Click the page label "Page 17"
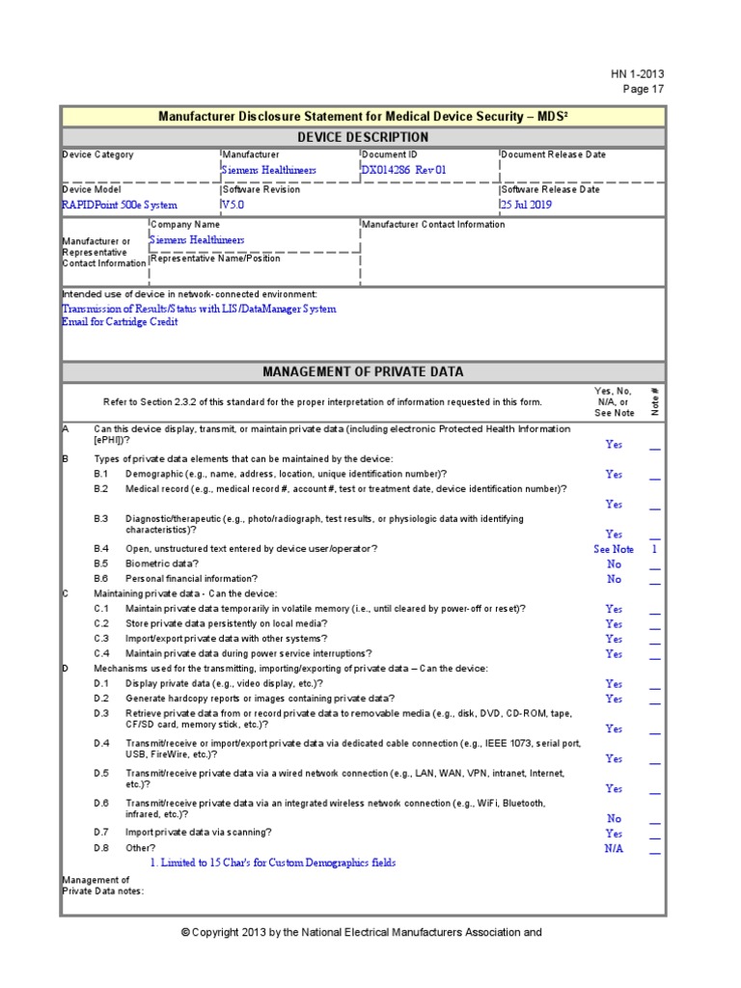[644, 90]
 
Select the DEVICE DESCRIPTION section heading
[362, 137]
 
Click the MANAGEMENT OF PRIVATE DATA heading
[362, 371]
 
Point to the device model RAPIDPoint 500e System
[120, 205]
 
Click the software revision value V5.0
[234, 205]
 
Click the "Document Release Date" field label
[553, 154]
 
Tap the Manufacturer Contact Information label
[433, 224]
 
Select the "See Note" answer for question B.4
[614, 549]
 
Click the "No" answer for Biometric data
[614, 563]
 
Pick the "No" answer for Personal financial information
[614, 579]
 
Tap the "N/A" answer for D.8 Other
[614, 848]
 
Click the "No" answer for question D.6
[614, 818]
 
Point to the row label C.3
[101, 639]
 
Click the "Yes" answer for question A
[614, 445]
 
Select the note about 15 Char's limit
[272, 863]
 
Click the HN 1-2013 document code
[637, 74]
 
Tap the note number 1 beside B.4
[654, 549]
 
